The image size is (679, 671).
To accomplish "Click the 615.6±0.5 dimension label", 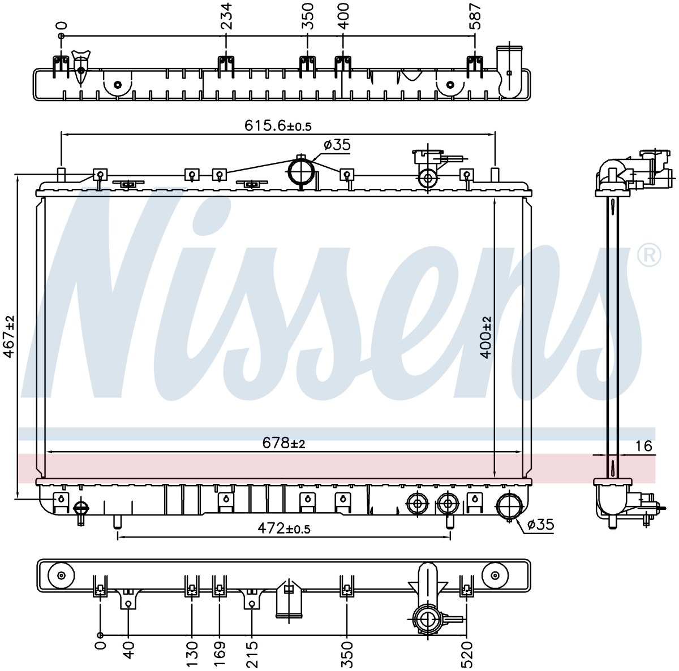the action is [278, 125].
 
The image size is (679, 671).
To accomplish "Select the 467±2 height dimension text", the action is [9, 336].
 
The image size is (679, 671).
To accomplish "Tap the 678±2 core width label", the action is [283, 443].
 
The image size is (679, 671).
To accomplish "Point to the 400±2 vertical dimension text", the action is [486, 337].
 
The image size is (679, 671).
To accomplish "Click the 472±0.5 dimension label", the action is [284, 528].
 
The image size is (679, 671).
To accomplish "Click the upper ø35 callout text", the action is [337, 145].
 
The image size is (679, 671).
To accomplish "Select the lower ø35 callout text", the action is [541, 525].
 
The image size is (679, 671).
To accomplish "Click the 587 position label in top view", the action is [475, 16].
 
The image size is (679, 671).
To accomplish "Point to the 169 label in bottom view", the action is [219, 655].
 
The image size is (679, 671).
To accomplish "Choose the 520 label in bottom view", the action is [467, 655].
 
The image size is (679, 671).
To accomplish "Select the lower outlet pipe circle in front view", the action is [509, 507].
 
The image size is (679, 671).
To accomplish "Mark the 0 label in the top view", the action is [62, 25].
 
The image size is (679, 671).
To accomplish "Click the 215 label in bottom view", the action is [252, 655].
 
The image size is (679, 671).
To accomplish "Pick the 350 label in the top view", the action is [308, 16].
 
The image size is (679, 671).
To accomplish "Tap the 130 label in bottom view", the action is [192, 655].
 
